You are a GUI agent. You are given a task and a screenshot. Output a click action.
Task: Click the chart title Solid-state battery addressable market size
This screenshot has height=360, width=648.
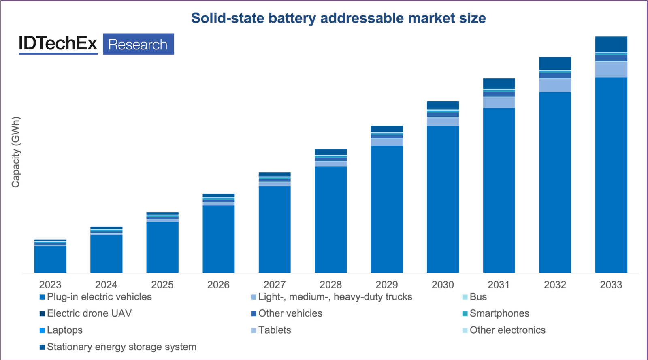pos(338,18)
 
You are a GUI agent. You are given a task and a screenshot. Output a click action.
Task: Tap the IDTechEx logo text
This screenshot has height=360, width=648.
pos(58,44)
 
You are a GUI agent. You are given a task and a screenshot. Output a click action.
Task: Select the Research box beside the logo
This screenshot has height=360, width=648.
pos(138,44)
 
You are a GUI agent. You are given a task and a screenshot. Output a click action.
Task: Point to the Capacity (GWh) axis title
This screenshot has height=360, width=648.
pos(15,152)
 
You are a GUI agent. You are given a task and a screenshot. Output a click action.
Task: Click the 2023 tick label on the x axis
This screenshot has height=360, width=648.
pos(50,285)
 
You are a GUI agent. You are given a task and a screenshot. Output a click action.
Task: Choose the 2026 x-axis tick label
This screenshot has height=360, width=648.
pos(218,285)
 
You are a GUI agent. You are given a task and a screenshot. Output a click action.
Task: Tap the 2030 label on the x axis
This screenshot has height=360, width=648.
pos(443,285)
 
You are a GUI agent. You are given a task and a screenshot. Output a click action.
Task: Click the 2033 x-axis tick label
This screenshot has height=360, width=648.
pos(611,285)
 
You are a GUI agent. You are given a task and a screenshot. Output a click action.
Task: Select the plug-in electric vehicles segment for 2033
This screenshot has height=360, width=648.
pos(611,174)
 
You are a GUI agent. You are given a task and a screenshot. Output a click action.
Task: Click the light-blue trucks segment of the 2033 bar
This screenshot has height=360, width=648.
pos(611,69)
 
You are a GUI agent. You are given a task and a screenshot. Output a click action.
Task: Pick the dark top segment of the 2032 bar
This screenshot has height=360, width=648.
pos(555,63)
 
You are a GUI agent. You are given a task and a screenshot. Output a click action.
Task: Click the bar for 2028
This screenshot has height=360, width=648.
pos(330,219)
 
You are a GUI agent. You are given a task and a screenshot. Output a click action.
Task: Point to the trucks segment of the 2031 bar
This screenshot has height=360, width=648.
pos(499,102)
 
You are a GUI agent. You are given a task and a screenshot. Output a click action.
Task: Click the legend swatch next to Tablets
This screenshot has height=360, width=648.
pos(254,330)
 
